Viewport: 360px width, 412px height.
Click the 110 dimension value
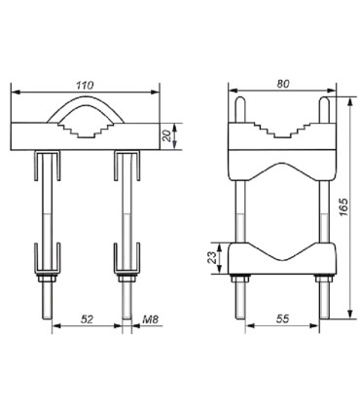tap(85, 86)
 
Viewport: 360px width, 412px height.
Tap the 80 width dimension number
tap(283, 84)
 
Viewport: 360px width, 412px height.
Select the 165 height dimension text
tap(343, 206)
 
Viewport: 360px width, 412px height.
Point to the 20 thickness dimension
tap(166, 135)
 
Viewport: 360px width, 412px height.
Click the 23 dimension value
tap(212, 258)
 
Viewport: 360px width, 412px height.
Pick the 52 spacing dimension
tap(87, 319)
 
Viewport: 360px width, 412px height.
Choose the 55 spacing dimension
tap(282, 318)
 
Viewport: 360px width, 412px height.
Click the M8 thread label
tap(151, 319)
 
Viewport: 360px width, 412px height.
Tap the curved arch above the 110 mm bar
tap(86, 101)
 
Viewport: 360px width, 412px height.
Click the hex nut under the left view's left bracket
tap(47, 279)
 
